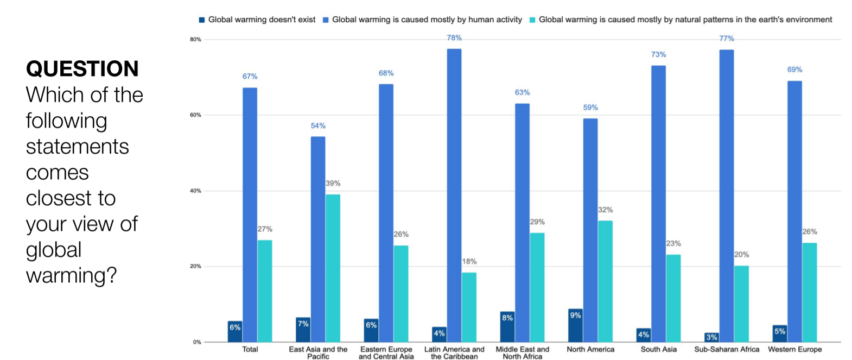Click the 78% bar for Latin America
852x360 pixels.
[x=454, y=195]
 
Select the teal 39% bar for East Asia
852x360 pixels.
[x=333, y=268]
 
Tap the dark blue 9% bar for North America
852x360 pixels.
[x=575, y=325]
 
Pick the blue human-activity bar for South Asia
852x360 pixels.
[x=658, y=204]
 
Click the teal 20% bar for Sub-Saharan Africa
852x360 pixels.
[x=741, y=304]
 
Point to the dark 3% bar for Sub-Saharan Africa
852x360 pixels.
[x=711, y=337]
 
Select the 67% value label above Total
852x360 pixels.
[x=250, y=77]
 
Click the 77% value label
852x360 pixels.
[x=726, y=39]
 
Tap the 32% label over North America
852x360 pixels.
[x=605, y=210]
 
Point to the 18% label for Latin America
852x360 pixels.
[x=469, y=261]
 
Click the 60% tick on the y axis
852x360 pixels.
[x=195, y=115]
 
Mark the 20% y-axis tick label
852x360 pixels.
[x=195, y=267]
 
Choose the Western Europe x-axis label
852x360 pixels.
[x=794, y=349]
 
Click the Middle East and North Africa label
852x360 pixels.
[x=522, y=353]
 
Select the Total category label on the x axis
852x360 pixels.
[x=250, y=349]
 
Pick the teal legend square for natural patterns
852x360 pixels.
[x=532, y=20]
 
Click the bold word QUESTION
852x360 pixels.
[x=82, y=69]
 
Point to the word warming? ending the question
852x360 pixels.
[x=71, y=275]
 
